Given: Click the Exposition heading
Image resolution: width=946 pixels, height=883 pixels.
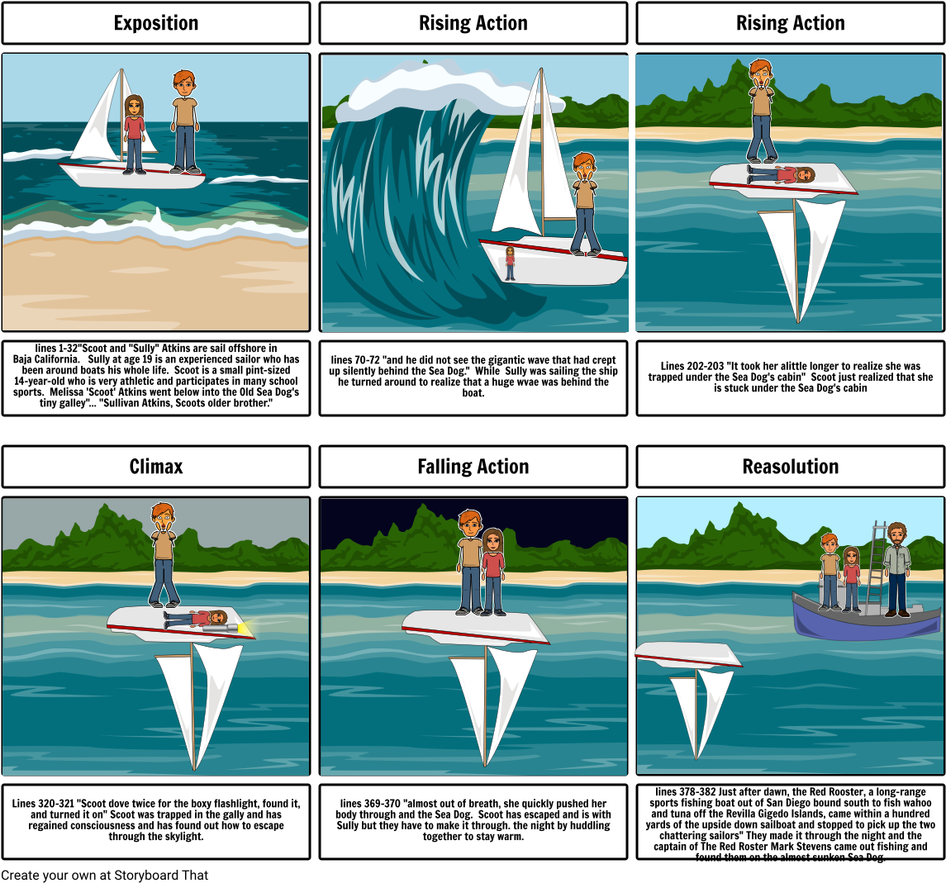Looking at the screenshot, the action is (155, 23).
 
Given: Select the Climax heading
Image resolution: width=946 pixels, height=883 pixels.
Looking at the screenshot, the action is (155, 466).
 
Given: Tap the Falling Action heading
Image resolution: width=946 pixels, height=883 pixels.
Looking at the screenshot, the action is (473, 466).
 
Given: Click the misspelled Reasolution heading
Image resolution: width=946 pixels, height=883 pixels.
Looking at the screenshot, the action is (791, 466).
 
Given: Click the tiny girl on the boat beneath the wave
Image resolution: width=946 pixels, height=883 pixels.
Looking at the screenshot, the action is (511, 263).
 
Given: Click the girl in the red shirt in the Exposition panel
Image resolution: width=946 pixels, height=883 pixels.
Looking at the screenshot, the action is (134, 134).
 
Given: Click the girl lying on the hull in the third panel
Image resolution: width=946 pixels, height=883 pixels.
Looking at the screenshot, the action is (782, 173).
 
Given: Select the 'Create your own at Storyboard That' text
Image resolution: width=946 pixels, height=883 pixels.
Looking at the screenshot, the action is (104, 876).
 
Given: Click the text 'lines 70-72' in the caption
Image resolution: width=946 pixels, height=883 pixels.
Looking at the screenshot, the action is (355, 360).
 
